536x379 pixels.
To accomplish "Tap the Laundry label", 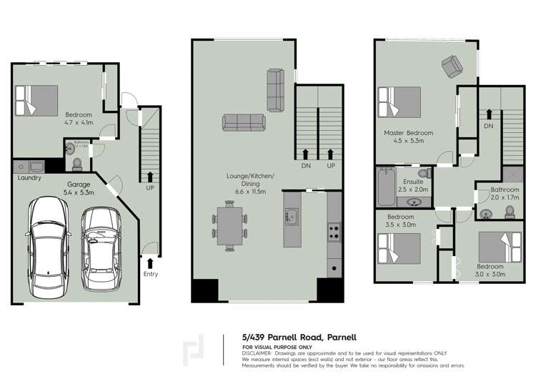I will point(29,178).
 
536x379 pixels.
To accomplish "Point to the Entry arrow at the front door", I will point(150,263).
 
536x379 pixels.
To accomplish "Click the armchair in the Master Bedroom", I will point(452,67).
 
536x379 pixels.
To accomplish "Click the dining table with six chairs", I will point(229,226).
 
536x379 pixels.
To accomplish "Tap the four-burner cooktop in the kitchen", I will point(334,231).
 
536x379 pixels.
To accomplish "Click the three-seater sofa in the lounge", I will point(244,123).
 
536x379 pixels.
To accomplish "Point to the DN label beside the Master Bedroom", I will point(489,125).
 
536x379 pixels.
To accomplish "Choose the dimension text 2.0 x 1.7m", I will point(504,197).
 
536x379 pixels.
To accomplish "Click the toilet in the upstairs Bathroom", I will point(510,212).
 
